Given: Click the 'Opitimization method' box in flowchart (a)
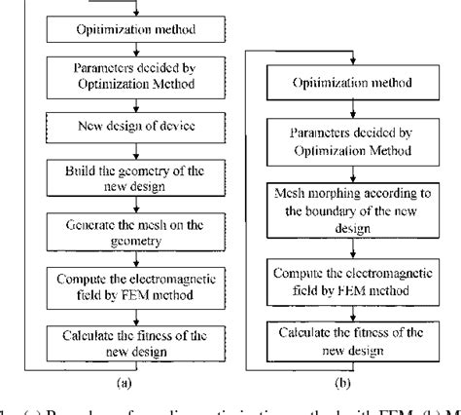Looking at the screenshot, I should (x=123, y=29).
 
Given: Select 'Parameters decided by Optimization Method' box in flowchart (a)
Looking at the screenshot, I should (x=123, y=76).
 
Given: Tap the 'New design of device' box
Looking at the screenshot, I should (x=123, y=127).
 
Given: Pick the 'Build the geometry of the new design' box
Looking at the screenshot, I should (x=123, y=177).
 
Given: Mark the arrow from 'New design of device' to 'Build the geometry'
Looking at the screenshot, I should (x=123, y=151).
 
